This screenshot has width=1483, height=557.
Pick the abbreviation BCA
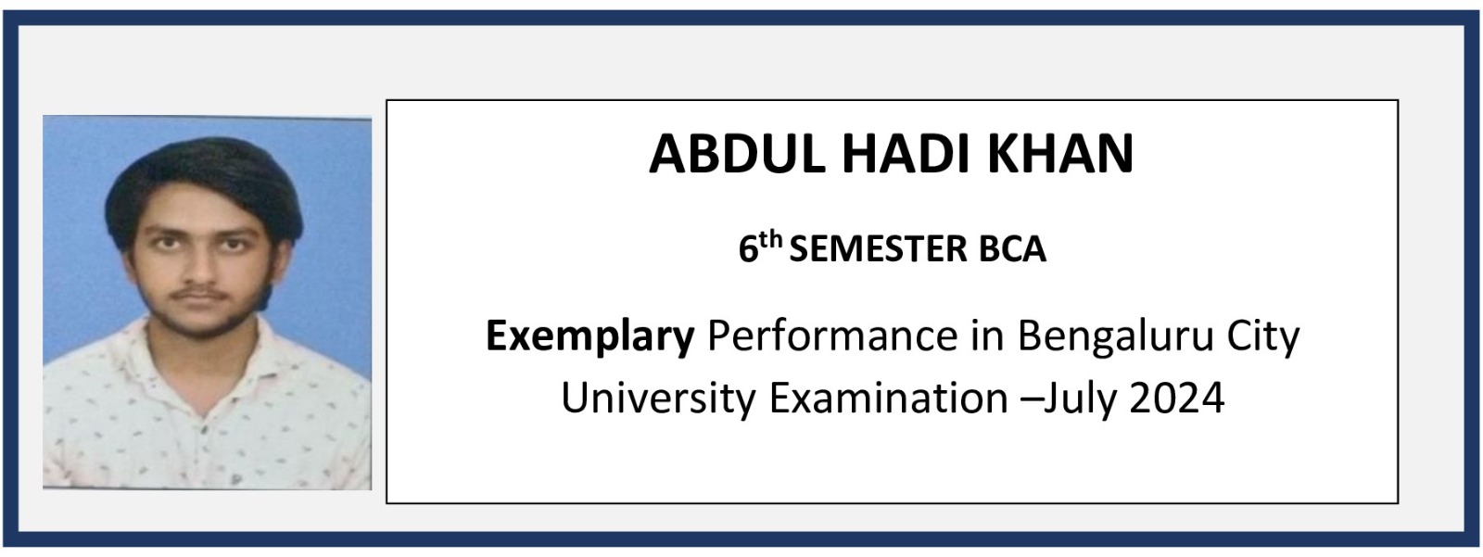(1013, 249)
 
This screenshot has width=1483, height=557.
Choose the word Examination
(889, 398)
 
